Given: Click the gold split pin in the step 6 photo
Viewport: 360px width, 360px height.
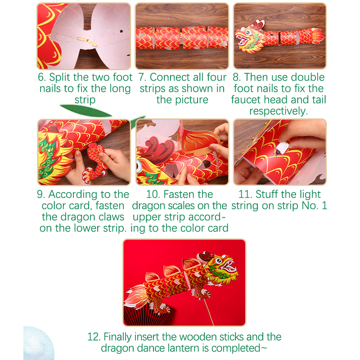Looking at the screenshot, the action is (87, 41).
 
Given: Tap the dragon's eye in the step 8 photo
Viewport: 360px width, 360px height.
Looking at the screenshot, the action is (248, 32).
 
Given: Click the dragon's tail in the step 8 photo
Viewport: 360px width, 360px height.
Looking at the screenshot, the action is (318, 36).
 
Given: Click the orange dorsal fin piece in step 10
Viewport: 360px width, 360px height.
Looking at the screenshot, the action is (200, 140).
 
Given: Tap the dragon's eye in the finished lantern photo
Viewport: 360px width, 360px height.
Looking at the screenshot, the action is (218, 261).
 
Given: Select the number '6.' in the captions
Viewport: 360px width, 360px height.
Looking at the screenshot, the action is (42, 77).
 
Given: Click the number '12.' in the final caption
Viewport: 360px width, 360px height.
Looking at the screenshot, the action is (94, 337).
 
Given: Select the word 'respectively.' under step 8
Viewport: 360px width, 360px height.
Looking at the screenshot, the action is (279, 111).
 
